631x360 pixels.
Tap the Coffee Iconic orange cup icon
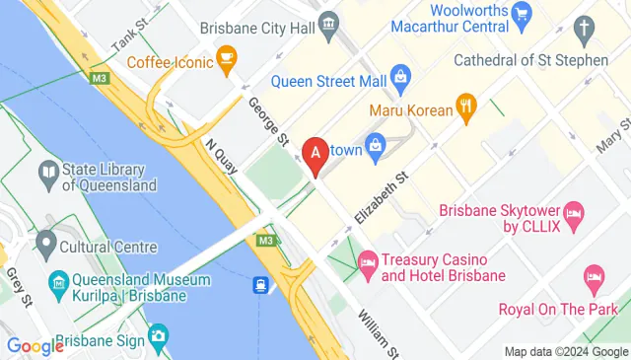[x=227, y=61]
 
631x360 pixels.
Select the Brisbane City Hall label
[x=260, y=30]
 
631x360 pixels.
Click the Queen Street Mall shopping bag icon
[x=400, y=75]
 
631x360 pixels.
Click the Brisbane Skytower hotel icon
[x=576, y=212]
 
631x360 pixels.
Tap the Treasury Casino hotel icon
[x=367, y=261]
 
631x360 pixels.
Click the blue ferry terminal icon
[x=260, y=286]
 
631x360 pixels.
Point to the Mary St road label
[x=613, y=134]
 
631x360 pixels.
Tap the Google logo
[x=35, y=346]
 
